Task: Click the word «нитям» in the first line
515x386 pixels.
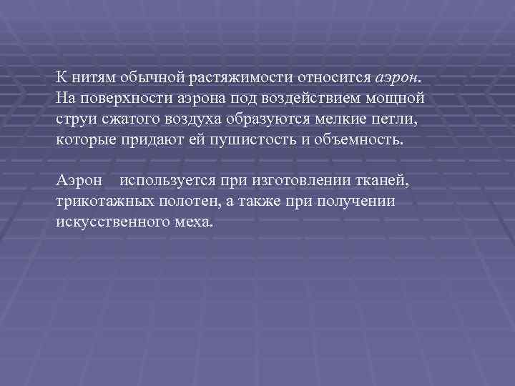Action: [90, 76]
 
